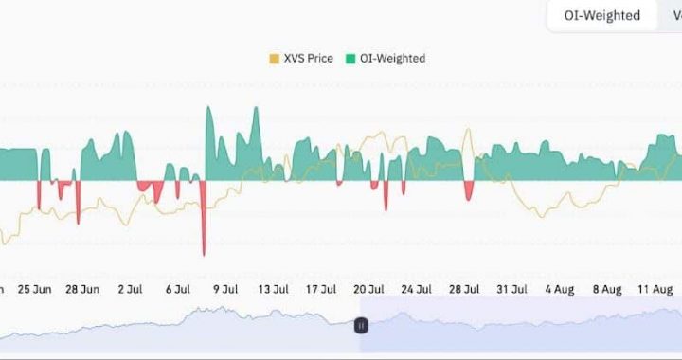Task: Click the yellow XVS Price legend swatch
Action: pos(275,59)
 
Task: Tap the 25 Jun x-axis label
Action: pos(34,288)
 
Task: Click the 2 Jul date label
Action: pos(130,288)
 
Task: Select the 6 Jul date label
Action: pos(178,288)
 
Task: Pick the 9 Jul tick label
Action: pos(225,288)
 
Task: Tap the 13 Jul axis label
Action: pos(273,288)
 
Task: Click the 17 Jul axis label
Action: pos(321,288)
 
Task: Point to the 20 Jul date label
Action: pos(368,288)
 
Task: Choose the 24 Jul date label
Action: pos(416,288)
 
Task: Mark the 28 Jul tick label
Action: pos(464,288)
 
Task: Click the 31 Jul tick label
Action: pos(511,288)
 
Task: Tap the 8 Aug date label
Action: pos(606,288)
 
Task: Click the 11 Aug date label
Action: pos(655,288)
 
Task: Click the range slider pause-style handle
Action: pos(361,325)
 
